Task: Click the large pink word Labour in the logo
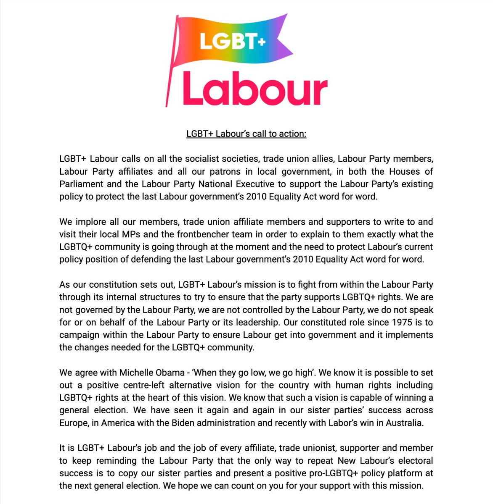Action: coord(255,89)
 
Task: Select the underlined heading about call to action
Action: coord(246,134)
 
